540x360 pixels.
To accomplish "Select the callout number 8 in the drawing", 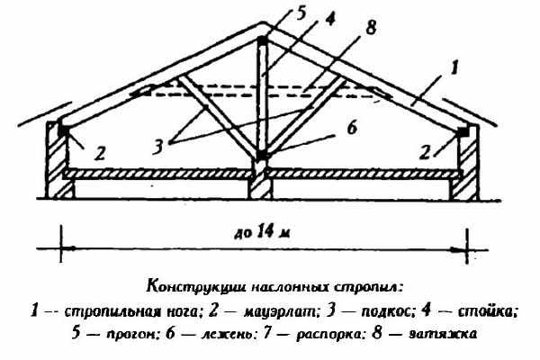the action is [370, 27].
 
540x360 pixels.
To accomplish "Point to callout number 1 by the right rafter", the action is [454, 67].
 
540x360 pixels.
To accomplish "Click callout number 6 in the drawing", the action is [352, 128].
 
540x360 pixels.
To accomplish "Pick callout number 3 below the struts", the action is [157, 147].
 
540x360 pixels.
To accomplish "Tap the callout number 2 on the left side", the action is [100, 153].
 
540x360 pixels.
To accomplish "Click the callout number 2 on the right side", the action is [425, 152].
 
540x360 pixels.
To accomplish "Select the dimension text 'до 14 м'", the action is [262, 232].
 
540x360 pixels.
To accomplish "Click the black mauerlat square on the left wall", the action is [64, 130].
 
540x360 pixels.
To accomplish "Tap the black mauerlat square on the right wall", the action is [463, 131].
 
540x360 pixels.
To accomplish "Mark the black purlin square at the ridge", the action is [263, 40].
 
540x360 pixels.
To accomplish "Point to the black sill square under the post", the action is [263, 155].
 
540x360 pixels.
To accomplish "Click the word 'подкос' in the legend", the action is [387, 312].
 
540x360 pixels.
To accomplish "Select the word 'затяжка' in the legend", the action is [443, 334].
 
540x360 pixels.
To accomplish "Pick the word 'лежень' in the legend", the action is [228, 334].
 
